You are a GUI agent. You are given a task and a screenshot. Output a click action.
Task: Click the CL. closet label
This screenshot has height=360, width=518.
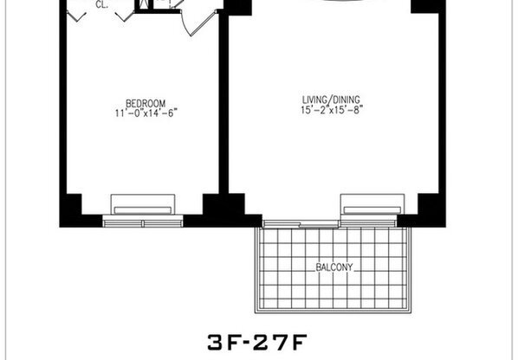(101, 5)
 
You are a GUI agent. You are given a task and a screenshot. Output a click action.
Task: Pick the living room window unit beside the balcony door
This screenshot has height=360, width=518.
(370, 209)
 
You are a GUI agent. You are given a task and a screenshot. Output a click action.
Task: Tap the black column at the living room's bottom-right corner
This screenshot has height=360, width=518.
(428, 207)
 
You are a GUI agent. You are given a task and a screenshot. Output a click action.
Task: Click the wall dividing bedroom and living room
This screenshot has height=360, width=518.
(223, 112)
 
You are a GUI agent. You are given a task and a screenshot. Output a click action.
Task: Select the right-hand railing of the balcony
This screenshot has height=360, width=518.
(405, 268)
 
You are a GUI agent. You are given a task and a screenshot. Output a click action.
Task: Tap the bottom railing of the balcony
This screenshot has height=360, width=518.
(330, 311)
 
